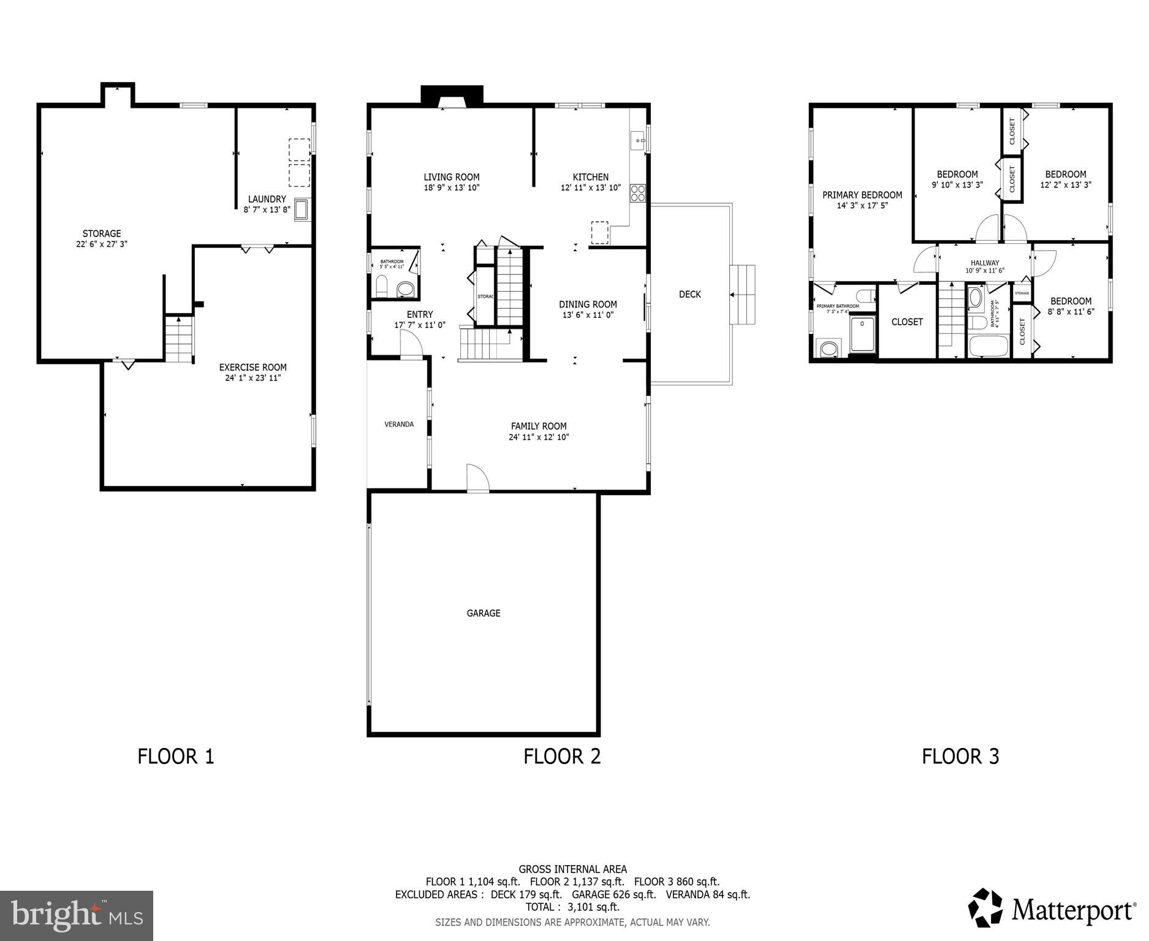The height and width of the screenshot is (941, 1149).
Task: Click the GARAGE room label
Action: [x=483, y=613]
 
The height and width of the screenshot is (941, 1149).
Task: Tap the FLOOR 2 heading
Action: [x=562, y=757]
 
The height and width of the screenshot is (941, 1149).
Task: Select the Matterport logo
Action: [x=1052, y=910]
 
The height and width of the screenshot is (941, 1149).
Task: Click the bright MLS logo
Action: [x=77, y=915]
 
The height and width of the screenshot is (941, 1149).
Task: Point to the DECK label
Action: [x=689, y=295]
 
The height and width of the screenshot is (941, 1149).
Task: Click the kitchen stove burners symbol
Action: [x=638, y=193]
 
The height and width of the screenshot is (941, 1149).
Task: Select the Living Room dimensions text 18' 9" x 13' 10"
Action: [x=452, y=188]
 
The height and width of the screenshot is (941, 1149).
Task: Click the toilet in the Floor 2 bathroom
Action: [x=382, y=286]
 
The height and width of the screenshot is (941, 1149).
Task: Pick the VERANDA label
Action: [x=399, y=424]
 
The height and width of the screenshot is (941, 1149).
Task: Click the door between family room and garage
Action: [x=477, y=478]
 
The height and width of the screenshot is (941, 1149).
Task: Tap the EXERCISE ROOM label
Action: [x=253, y=368]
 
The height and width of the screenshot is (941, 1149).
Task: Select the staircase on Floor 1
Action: [x=179, y=339]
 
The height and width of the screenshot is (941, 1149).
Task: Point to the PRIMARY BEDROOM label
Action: [x=862, y=195]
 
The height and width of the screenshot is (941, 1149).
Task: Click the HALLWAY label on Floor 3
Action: [x=985, y=263]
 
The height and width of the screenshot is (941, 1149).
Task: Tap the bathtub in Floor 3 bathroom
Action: [x=988, y=347]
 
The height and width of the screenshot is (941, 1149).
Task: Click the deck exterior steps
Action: [x=742, y=295]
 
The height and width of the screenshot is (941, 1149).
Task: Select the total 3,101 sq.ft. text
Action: [x=572, y=907]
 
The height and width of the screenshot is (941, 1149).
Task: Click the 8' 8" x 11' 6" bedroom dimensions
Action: [x=1071, y=312]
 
